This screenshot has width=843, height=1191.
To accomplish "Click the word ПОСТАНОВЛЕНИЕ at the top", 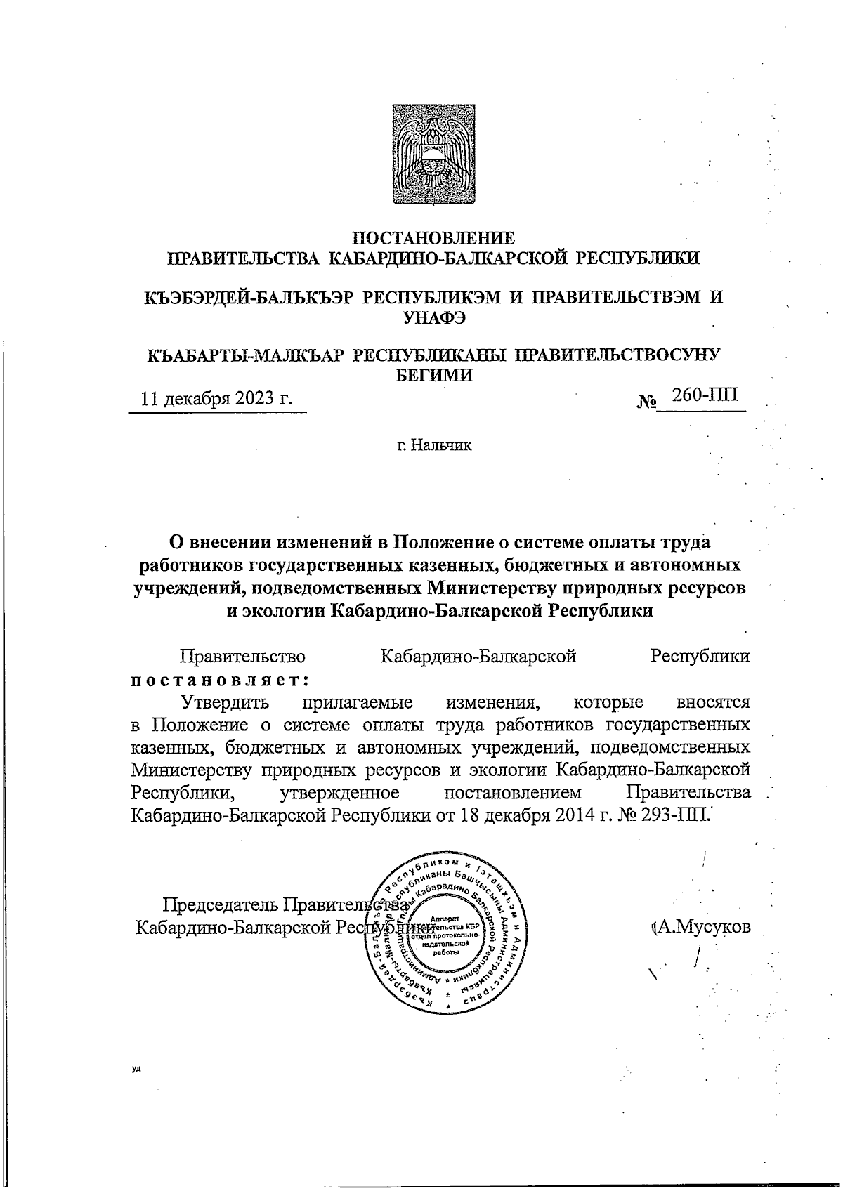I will (432, 237).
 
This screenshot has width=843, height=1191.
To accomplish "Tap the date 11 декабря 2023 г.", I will (216, 399).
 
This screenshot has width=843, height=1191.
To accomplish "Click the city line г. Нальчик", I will (434, 445).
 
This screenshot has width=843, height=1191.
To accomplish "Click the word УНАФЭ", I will (433, 317).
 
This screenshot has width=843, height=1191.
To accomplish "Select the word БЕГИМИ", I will (432, 375).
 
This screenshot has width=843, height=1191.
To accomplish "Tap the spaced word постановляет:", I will (221, 679).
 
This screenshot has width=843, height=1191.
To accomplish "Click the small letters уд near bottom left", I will (136, 1069).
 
